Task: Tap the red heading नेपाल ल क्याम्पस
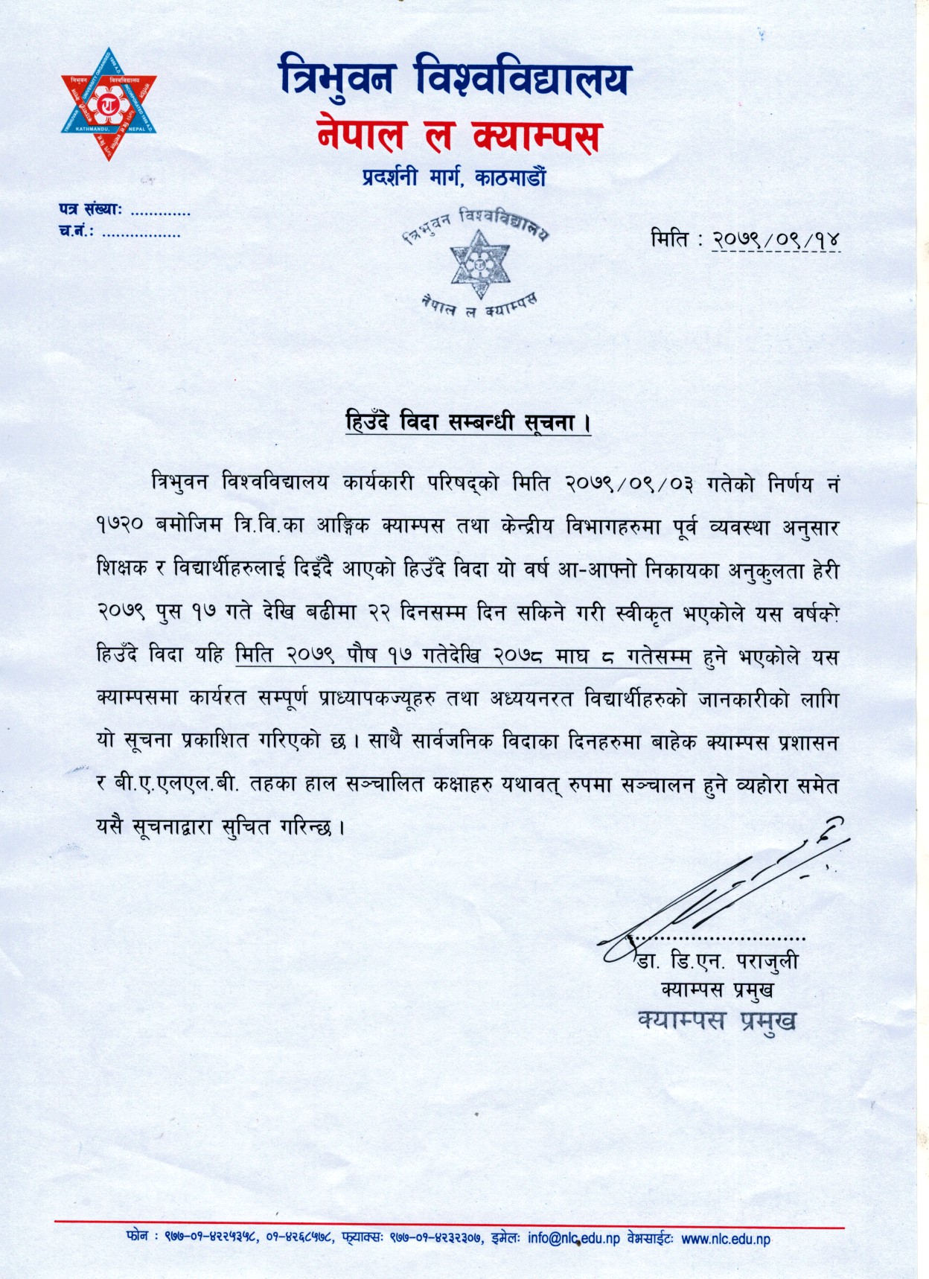coord(459,134)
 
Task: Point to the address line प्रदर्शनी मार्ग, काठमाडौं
coord(454,179)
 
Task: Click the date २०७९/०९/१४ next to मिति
coord(776,240)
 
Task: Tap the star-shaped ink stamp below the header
coord(479,265)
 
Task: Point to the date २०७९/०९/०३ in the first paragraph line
coord(629,484)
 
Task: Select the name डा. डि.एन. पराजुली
coord(717,962)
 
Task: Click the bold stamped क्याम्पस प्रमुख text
coord(717,1020)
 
